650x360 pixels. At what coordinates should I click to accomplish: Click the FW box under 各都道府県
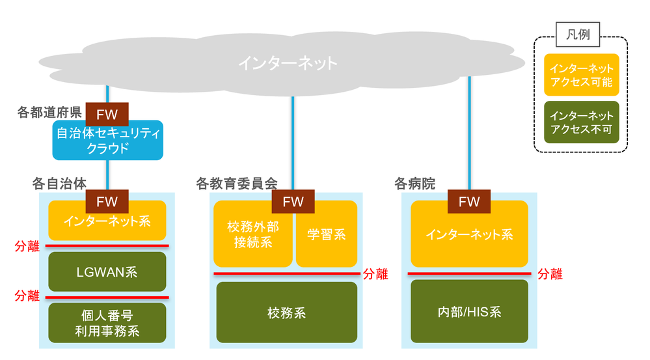point(107,115)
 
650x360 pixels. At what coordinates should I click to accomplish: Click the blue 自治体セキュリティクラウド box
point(107,141)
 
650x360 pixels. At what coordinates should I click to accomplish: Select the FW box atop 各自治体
point(107,201)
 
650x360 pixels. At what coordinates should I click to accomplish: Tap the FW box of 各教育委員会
point(293,201)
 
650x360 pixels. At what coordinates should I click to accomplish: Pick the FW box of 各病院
point(469,201)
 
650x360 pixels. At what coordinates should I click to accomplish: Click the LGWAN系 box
point(107,271)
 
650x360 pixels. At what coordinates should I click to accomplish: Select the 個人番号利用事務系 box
point(107,324)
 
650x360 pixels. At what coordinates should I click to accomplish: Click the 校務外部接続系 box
point(253,235)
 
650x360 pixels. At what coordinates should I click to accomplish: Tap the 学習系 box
point(327,235)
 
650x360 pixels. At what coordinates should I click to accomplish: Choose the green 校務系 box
point(286,312)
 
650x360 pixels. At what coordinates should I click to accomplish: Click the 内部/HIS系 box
point(469,312)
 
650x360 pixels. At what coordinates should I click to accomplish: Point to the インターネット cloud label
point(288,63)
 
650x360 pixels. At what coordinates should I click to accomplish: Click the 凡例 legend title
point(578,35)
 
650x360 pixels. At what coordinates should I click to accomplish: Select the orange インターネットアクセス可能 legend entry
point(581,75)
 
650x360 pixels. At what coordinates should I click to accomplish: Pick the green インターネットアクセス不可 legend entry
point(581,122)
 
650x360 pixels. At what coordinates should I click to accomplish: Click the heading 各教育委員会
point(237,184)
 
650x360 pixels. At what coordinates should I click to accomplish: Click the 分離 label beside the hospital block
point(550,274)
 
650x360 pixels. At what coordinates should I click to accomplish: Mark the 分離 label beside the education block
point(375,274)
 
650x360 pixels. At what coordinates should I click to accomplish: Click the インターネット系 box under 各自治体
point(107,221)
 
